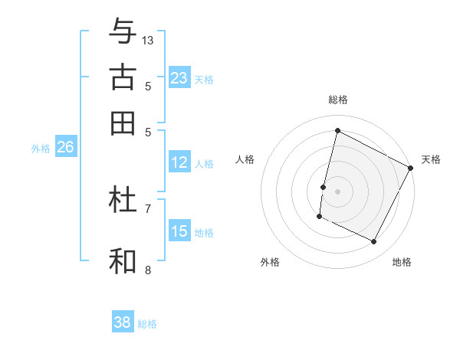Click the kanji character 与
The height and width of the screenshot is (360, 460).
pyautogui.click(x=123, y=32)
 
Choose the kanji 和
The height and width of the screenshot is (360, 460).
pyautogui.click(x=123, y=260)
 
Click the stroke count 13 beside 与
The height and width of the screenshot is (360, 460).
pyautogui.click(x=148, y=40)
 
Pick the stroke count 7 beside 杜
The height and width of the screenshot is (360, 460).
pyautogui.click(x=148, y=208)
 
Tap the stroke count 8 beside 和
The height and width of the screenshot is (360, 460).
pyautogui.click(x=148, y=269)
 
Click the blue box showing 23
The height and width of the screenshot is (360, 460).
pyautogui.click(x=179, y=78)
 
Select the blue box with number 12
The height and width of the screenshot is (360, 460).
pyautogui.click(x=179, y=162)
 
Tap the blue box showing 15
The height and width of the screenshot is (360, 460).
pyautogui.click(x=179, y=231)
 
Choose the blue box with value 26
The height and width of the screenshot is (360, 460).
pyautogui.click(x=65, y=148)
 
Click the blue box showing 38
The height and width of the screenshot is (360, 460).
pyautogui.click(x=123, y=322)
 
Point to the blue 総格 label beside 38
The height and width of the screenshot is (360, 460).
pyautogui.click(x=147, y=324)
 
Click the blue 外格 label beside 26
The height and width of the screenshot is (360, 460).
pyautogui.click(x=41, y=149)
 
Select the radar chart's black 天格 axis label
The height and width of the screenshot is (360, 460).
pyautogui.click(x=431, y=159)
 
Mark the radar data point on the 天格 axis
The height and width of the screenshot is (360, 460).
pyautogui.click(x=412, y=168)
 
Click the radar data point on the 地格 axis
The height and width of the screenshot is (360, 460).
pyautogui.click(x=374, y=242)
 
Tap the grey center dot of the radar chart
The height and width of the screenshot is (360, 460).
pyautogui.click(x=337, y=191)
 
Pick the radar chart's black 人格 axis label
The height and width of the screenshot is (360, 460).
pyautogui.click(x=245, y=159)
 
